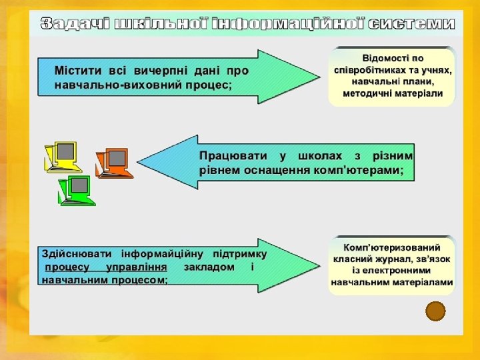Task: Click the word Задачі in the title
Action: pos(75,24)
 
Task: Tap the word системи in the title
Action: pos(411,24)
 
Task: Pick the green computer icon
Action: pos(77,190)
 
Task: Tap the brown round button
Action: pos(435,311)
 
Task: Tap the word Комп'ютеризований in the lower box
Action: pos(393,247)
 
